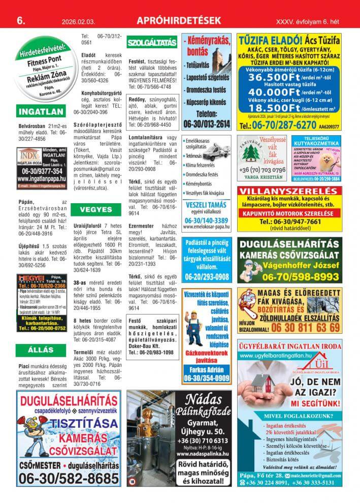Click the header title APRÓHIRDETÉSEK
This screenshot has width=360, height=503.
[x=180, y=21]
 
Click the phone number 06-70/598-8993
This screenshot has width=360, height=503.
[x=297, y=276]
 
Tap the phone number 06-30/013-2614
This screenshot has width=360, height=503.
[x=206, y=123]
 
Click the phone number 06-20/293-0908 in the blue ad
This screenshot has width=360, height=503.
[x=206, y=276]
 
